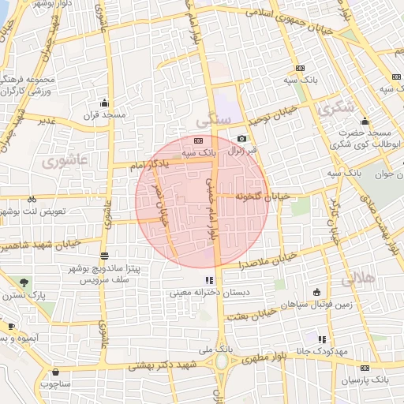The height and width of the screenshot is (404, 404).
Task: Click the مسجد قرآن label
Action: click(x=105, y=115)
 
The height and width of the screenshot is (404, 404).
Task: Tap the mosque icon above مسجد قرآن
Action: click(x=105, y=103)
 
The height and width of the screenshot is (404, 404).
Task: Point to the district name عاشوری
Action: click(x=57, y=163)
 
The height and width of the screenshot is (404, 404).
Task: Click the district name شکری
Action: click(x=335, y=109)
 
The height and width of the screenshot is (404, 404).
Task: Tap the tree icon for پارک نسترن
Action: click(x=24, y=282)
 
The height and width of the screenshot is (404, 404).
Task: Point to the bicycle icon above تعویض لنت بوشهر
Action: click(x=32, y=200)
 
